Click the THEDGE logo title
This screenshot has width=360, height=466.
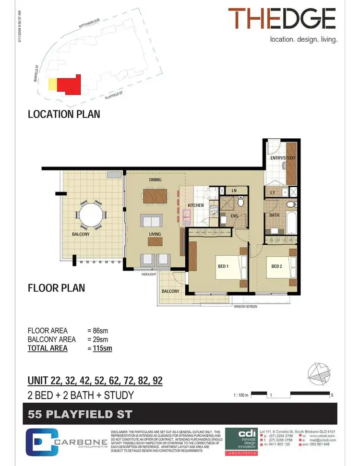[x=282, y=19]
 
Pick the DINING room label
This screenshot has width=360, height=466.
[x=155, y=180]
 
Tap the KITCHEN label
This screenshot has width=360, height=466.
[x=196, y=205]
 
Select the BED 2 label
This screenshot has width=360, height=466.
[x=276, y=266]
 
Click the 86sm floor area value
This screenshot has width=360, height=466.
[x=99, y=331]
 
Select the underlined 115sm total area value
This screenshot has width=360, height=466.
[x=102, y=348]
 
